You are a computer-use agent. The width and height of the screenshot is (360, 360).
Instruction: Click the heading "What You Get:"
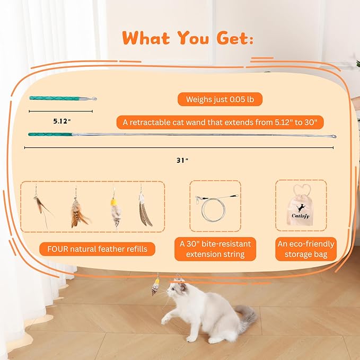[x=187, y=38]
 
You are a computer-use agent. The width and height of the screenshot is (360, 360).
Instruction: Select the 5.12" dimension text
[x=62, y=121]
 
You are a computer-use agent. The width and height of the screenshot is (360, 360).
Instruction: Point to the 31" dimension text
[x=183, y=160]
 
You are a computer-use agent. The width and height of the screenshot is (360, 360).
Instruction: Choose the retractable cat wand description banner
[x=219, y=122]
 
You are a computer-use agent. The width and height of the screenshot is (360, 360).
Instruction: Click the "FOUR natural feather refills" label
[x=93, y=248]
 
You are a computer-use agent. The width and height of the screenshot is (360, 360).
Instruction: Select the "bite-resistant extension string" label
[x=215, y=249]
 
